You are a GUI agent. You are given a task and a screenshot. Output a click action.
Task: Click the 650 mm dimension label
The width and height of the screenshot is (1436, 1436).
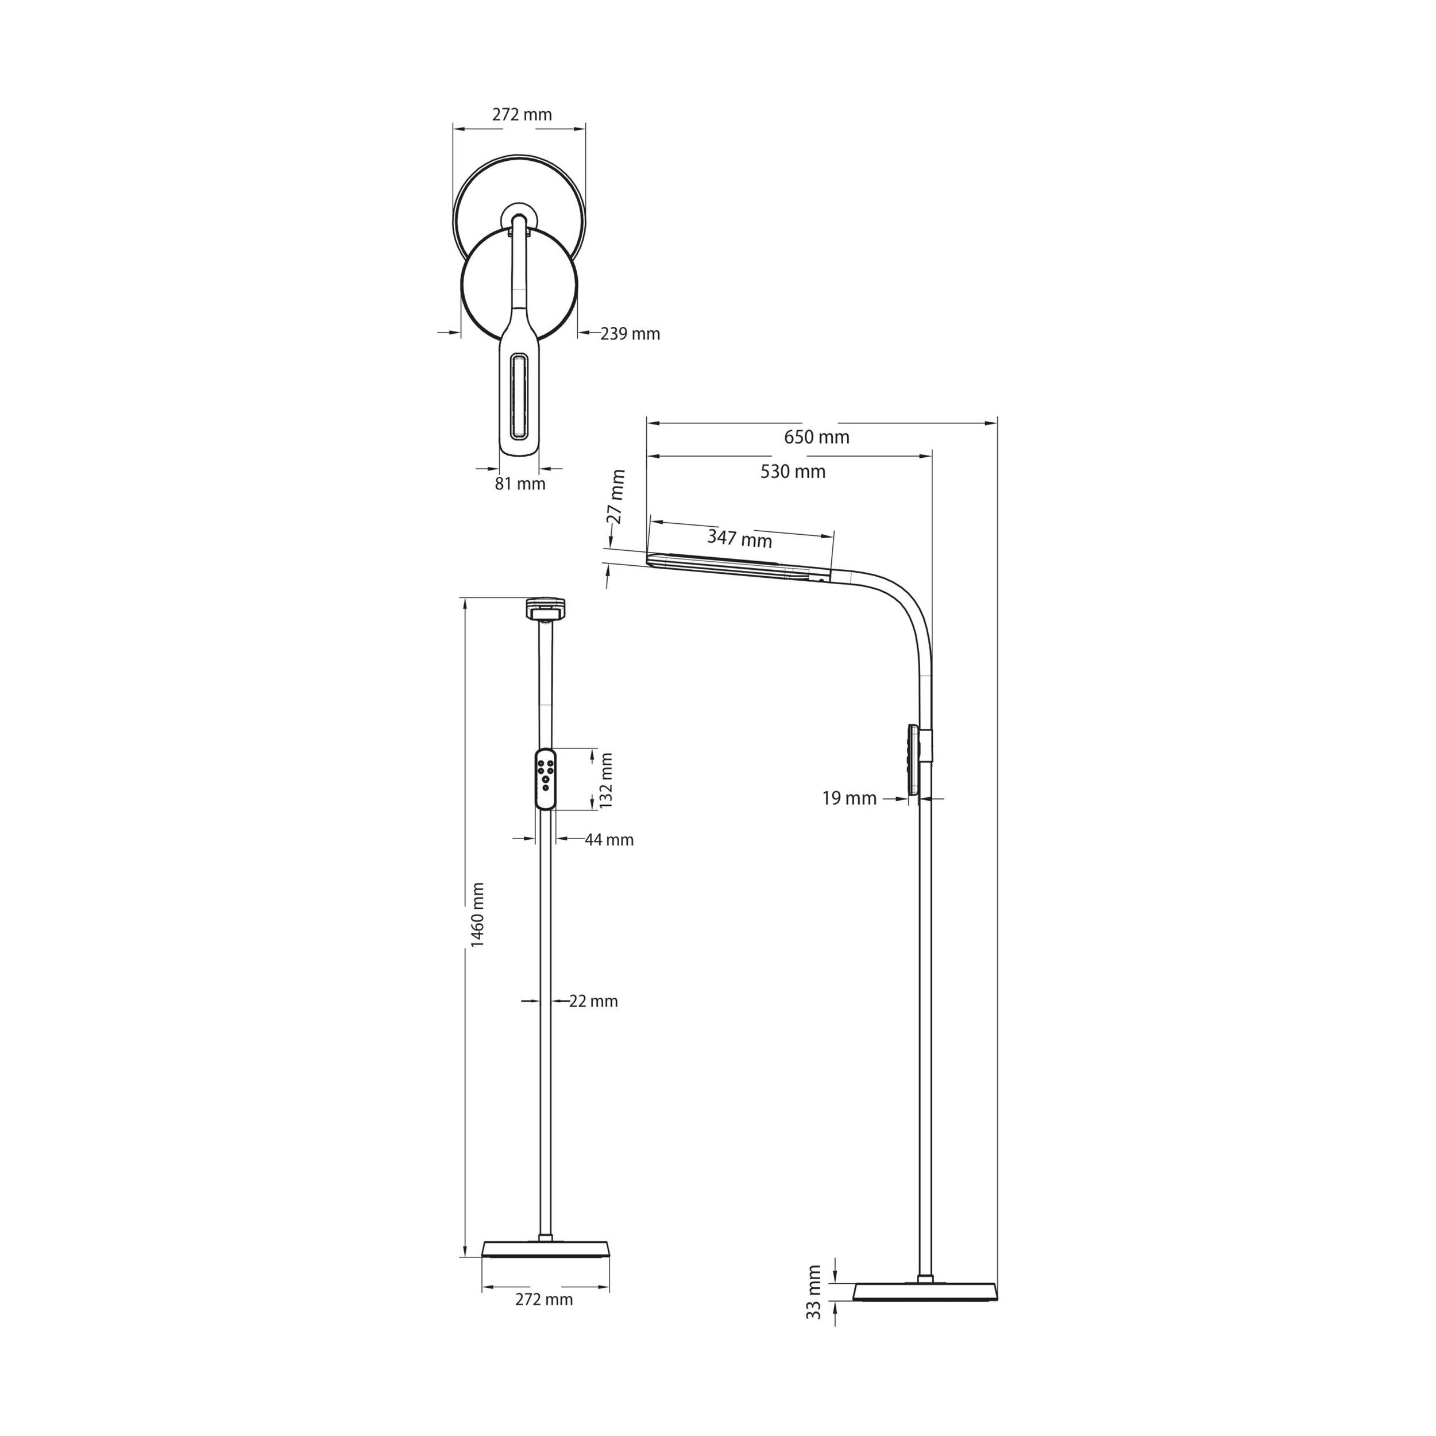coord(816,437)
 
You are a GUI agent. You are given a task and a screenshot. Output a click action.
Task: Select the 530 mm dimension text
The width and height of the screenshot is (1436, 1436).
coord(793,471)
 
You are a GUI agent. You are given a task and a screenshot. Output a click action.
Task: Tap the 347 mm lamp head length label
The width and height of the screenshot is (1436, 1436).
coord(740,538)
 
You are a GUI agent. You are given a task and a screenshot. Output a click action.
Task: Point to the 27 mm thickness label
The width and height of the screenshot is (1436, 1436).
coord(617,496)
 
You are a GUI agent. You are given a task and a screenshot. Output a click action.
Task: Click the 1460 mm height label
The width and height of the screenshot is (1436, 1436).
coord(477,915)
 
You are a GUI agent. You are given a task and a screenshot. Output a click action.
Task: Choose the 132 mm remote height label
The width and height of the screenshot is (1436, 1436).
coord(606,781)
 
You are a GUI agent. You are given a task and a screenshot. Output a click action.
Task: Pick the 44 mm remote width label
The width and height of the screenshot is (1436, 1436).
coord(609,840)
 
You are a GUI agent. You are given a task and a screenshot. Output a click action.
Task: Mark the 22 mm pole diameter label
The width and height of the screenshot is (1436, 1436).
coord(594,1001)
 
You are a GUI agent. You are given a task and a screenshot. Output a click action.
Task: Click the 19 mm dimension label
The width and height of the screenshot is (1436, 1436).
coord(850,798)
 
